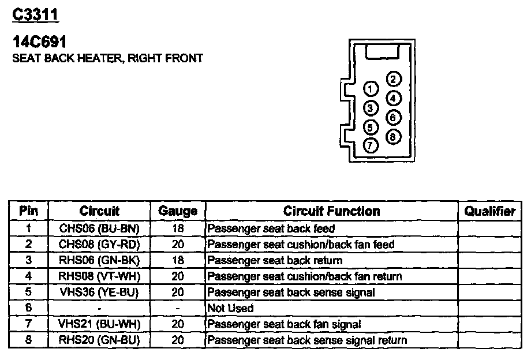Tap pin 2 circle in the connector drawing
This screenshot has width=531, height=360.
click(393, 80)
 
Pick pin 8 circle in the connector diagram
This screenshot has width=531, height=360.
click(393, 137)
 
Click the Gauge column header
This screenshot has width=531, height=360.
click(178, 211)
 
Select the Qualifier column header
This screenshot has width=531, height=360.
click(489, 211)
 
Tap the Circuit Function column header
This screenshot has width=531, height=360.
click(331, 211)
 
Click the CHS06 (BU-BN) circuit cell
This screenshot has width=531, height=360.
click(99, 228)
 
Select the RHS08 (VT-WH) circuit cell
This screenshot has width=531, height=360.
click(99, 276)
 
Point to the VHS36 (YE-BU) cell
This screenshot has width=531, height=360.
click(99, 292)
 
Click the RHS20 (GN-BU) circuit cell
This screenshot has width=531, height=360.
click(99, 340)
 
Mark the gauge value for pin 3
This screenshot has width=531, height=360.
click(178, 260)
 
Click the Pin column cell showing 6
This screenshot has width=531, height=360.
click(29, 309)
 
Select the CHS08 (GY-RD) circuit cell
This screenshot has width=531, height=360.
click(99, 245)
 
